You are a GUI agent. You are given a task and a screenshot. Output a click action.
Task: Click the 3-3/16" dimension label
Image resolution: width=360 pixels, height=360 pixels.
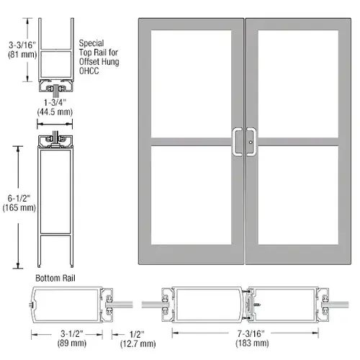tap(22, 45)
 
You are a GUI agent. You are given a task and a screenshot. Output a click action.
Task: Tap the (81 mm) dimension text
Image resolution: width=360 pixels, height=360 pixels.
tap(22, 55)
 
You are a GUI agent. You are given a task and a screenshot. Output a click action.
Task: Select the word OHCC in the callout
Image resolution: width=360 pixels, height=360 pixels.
tap(89, 71)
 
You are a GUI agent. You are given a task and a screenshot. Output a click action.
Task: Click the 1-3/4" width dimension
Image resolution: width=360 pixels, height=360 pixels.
tap(55, 102)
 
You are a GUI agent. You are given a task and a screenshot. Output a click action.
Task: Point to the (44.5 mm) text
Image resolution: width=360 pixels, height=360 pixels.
tap(55, 112)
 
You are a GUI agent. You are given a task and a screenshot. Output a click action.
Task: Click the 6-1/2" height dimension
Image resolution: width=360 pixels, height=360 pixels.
tap(19, 198)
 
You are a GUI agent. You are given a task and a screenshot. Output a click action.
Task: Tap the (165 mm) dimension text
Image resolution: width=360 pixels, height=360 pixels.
tap(19, 207)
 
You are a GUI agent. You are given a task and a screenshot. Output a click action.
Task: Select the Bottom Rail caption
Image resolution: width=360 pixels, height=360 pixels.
tap(55, 278)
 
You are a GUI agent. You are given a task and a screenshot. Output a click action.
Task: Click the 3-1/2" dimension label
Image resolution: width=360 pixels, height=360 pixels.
tap(72, 333)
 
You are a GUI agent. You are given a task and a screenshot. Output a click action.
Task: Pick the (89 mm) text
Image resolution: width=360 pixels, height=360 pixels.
tap(72, 343)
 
